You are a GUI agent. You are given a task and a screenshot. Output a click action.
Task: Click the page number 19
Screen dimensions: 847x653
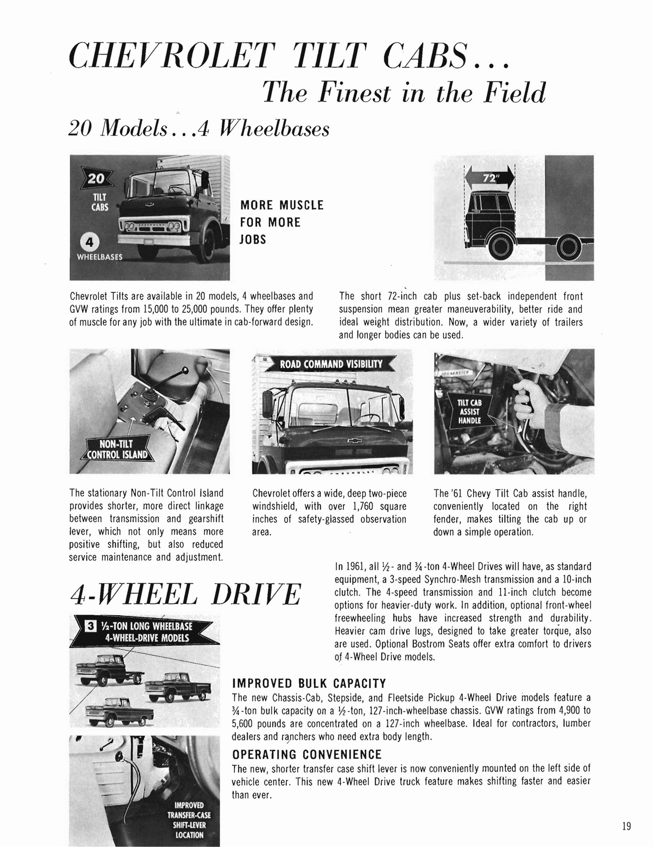click(626, 826)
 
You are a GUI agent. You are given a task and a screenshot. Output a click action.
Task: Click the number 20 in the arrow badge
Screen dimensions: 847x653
click(96, 178)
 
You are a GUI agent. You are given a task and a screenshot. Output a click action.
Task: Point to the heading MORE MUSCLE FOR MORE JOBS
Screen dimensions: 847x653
click(281, 222)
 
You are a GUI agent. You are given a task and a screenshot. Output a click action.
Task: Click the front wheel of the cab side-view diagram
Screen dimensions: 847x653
click(503, 246)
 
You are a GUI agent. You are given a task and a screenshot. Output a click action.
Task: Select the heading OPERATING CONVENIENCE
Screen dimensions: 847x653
click(307, 754)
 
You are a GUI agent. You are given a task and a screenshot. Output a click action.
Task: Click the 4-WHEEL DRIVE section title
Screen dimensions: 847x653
click(185, 594)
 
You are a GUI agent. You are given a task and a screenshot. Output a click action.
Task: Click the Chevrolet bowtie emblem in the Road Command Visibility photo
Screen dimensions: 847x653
click(350, 440)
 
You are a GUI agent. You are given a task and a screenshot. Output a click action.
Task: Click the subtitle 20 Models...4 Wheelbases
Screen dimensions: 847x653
click(199, 128)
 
